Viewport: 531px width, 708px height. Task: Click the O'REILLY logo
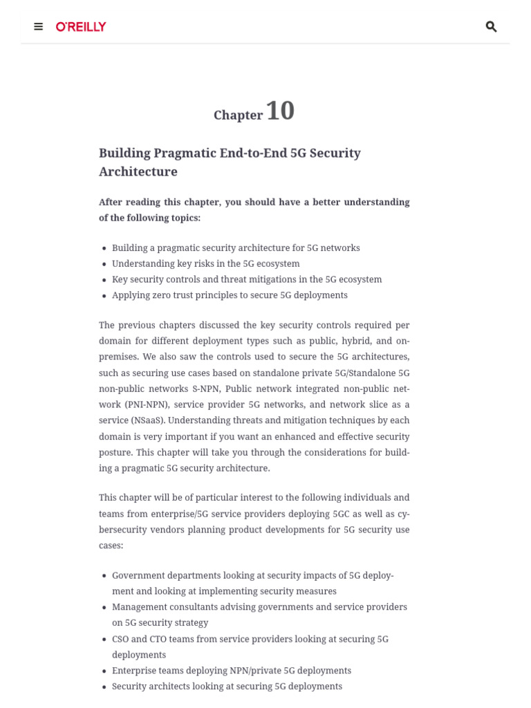pyautogui.click(x=81, y=27)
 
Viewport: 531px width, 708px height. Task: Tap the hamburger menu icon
pyautogui.click(x=39, y=27)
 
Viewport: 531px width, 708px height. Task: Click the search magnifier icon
pyautogui.click(x=491, y=27)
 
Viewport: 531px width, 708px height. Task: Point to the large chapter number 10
pyautogui.click(x=280, y=111)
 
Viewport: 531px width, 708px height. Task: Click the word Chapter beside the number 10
pyautogui.click(x=238, y=115)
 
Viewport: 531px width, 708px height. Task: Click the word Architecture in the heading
pyautogui.click(x=138, y=171)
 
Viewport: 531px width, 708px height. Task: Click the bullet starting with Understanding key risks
pyautogui.click(x=205, y=263)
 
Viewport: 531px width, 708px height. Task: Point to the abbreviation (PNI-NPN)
pyautogui.click(x=146, y=404)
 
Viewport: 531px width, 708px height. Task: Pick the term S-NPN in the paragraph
pyautogui.click(x=205, y=389)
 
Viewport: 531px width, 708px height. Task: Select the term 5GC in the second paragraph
pyautogui.click(x=341, y=514)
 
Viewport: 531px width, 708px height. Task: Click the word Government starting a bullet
pyautogui.click(x=142, y=575)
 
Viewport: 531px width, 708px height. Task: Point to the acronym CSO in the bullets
pyautogui.click(x=120, y=639)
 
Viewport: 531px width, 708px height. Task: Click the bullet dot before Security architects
pyautogui.click(x=104, y=687)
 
